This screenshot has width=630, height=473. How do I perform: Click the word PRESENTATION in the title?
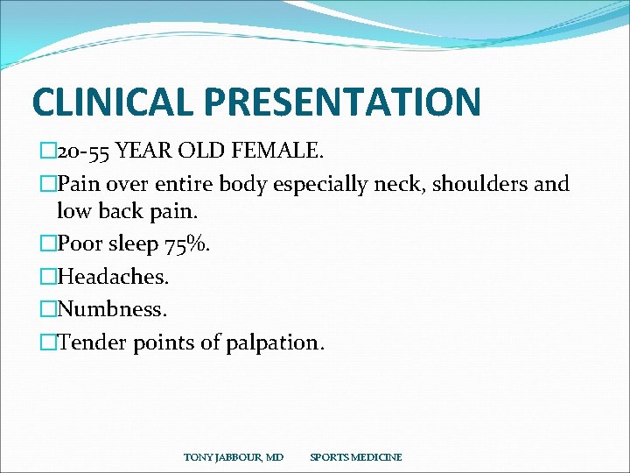pos(340,102)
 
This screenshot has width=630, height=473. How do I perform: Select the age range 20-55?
pos(85,152)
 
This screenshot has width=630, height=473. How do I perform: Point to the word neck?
pos(374,185)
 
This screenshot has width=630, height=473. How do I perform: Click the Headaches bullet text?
pos(113,277)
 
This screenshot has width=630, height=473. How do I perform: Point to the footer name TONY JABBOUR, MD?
pos(233,457)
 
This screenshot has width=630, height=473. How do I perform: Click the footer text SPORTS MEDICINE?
pos(356,457)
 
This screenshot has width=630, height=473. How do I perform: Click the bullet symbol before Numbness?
pos(48,309)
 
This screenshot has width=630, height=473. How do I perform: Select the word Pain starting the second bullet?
pos(77,185)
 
